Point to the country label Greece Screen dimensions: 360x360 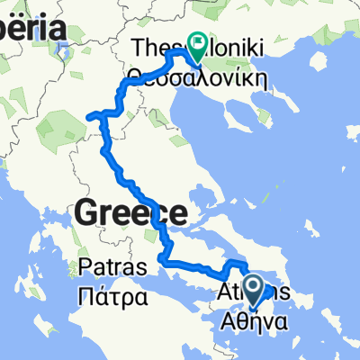(x=131, y=213)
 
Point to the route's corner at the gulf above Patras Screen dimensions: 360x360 (x=162, y=260)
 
